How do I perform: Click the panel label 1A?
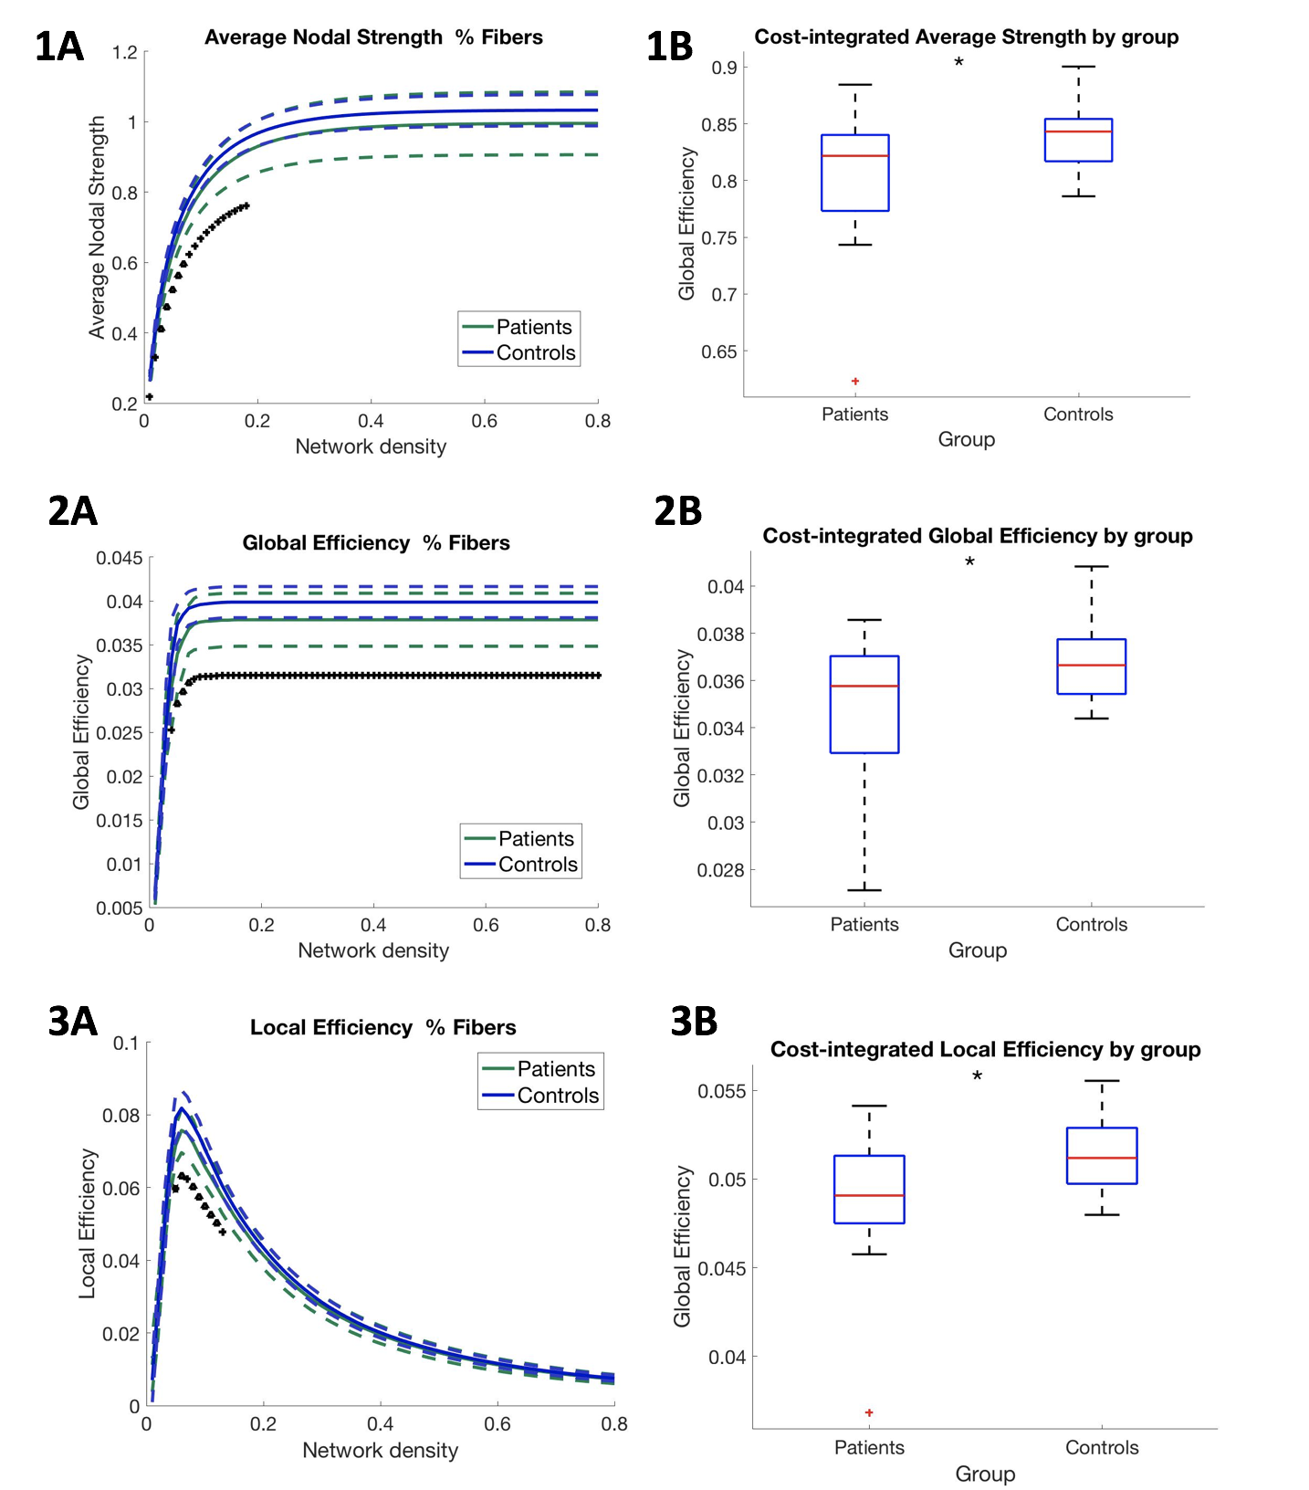59,47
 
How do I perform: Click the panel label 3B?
694,1021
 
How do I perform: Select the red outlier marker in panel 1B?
855,381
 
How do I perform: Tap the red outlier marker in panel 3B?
869,1412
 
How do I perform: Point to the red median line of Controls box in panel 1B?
1078,131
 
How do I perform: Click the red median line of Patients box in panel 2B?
864,686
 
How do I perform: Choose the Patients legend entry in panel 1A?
518,327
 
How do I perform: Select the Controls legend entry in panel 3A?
540,1096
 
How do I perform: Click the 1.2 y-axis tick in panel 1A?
125,52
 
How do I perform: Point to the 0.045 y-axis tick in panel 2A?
120,558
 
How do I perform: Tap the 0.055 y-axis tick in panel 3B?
721,1091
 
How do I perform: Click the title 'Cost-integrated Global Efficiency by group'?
978,536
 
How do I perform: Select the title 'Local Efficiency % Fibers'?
382,1027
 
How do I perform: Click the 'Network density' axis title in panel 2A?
373,950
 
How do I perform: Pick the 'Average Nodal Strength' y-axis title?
97,227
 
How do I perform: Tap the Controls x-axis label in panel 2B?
1091,924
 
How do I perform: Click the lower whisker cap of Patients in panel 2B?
864,890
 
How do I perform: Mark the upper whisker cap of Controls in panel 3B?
1102,1081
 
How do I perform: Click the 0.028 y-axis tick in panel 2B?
720,870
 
